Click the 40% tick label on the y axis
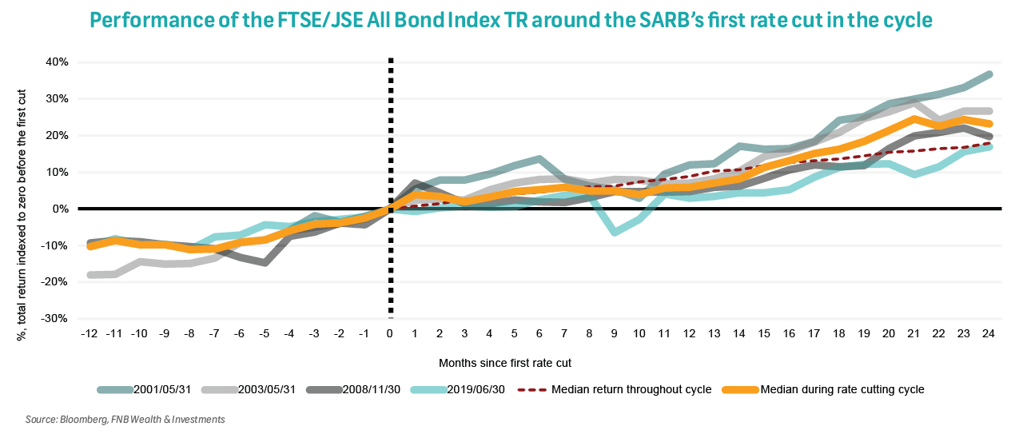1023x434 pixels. click(57, 62)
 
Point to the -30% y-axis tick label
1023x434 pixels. click(54, 319)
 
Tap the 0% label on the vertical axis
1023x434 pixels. click(60, 209)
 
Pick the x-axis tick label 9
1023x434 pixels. click(615, 333)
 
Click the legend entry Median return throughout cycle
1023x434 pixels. click(624, 390)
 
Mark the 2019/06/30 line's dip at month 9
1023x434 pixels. click(615, 232)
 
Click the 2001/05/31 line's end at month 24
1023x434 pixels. click(989, 74)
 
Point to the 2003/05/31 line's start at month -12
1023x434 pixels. click(91, 275)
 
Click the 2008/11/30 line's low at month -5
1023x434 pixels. click(265, 263)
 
